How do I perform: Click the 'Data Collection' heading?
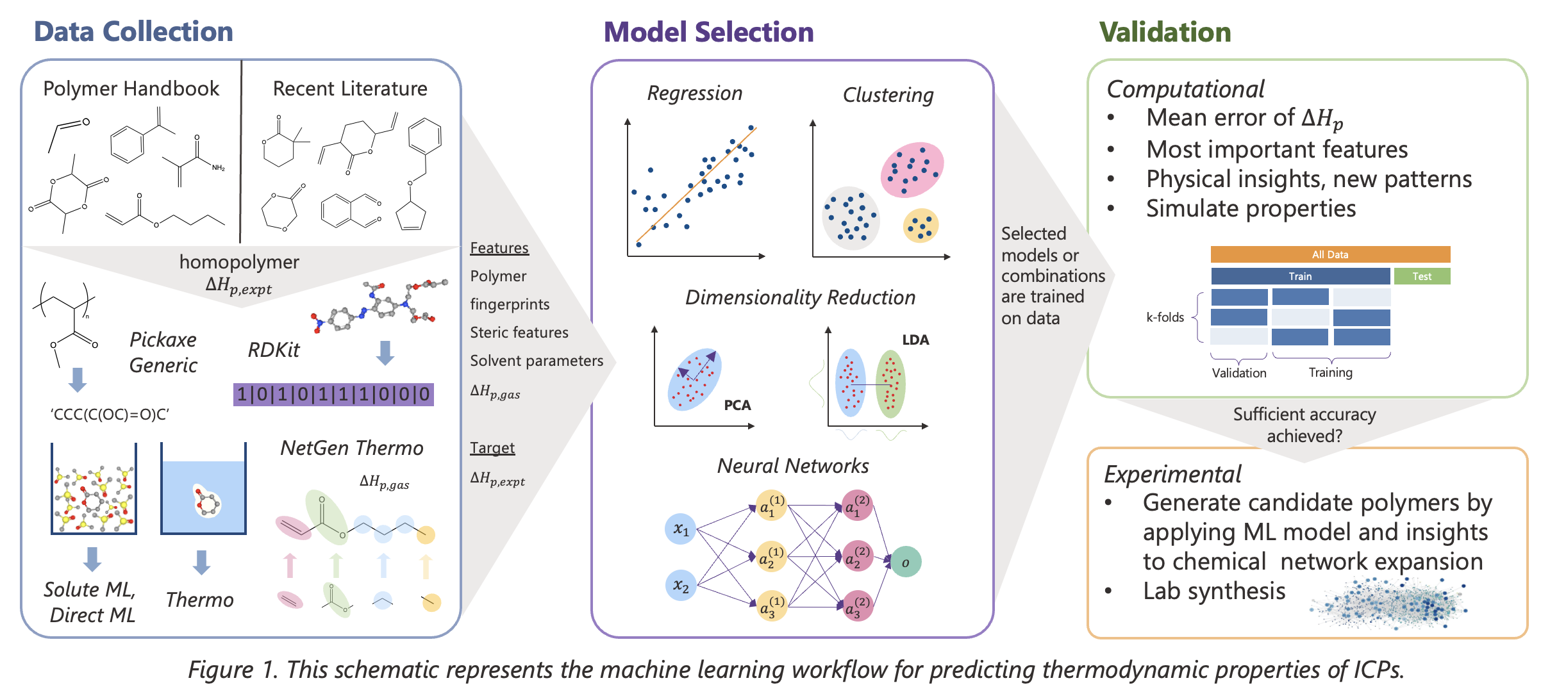pos(133,31)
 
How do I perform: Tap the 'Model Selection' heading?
pos(708,32)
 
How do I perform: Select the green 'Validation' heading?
pos(1165,32)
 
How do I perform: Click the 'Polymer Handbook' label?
pos(131,88)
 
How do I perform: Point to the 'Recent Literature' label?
pos(350,88)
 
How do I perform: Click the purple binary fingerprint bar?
pos(333,394)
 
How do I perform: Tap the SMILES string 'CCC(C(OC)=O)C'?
pos(110,415)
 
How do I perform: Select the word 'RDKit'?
pos(274,350)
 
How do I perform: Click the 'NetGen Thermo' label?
pos(352,448)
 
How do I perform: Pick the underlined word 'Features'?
pos(499,248)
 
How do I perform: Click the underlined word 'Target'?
pos(492,448)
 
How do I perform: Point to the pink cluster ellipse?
pos(912,170)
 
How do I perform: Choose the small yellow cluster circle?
pos(921,226)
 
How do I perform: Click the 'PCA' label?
pos(737,405)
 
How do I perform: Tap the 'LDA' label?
pos(915,340)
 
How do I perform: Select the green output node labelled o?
pos(906,562)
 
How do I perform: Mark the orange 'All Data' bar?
pos(1330,254)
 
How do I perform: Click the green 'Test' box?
pos(1422,276)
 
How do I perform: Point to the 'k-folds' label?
pos(1165,317)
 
